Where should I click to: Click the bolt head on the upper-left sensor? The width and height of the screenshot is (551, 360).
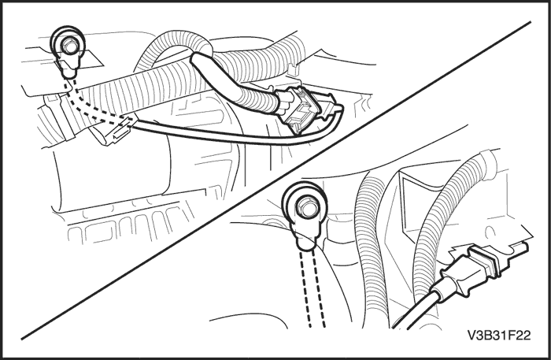point(68,46)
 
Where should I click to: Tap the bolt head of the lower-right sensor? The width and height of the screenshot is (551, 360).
point(305,206)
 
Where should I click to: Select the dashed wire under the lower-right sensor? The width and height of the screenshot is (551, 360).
point(312,288)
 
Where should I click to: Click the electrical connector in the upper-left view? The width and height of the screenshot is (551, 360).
point(298,108)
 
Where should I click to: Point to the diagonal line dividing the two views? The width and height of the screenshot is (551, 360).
point(275,180)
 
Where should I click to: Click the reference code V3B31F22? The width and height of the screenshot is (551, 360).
point(498,336)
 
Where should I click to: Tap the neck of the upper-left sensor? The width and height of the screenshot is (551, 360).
point(68,66)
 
